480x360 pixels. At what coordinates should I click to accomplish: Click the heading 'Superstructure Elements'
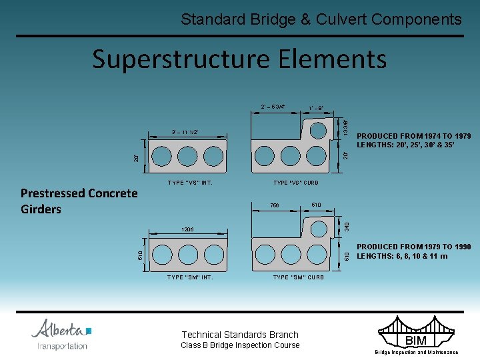pyautogui.click(x=239, y=59)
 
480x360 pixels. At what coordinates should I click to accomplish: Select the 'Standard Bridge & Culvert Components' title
pyautogui.click(x=321, y=19)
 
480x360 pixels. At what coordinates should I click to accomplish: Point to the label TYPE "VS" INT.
pyautogui.click(x=190, y=182)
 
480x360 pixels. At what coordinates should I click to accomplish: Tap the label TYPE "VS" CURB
pyautogui.click(x=296, y=182)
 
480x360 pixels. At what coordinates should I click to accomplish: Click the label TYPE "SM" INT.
pyautogui.click(x=190, y=277)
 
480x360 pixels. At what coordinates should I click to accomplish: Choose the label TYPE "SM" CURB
pyautogui.click(x=299, y=277)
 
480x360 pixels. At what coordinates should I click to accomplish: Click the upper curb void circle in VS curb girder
pyautogui.click(x=318, y=130)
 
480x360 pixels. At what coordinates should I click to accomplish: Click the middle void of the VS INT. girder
pyautogui.click(x=187, y=156)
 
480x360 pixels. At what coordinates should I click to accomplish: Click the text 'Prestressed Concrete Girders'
pyautogui.click(x=79, y=201)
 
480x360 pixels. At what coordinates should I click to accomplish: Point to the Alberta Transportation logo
pyautogui.click(x=61, y=334)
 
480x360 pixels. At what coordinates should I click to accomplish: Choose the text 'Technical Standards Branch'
pyautogui.click(x=240, y=335)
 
